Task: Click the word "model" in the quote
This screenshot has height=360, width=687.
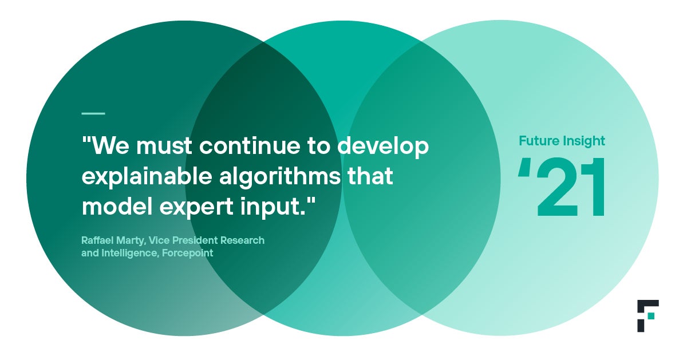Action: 117,206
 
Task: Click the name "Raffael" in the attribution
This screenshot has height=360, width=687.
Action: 97,240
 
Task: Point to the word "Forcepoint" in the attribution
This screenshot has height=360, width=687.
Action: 187,254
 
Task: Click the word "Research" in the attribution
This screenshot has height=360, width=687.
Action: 242,240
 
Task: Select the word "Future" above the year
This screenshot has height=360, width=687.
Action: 539,141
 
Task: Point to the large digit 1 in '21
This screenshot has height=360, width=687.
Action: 594,187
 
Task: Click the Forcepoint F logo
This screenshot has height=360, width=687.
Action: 647,316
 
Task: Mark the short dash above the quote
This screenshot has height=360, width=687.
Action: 93,113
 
